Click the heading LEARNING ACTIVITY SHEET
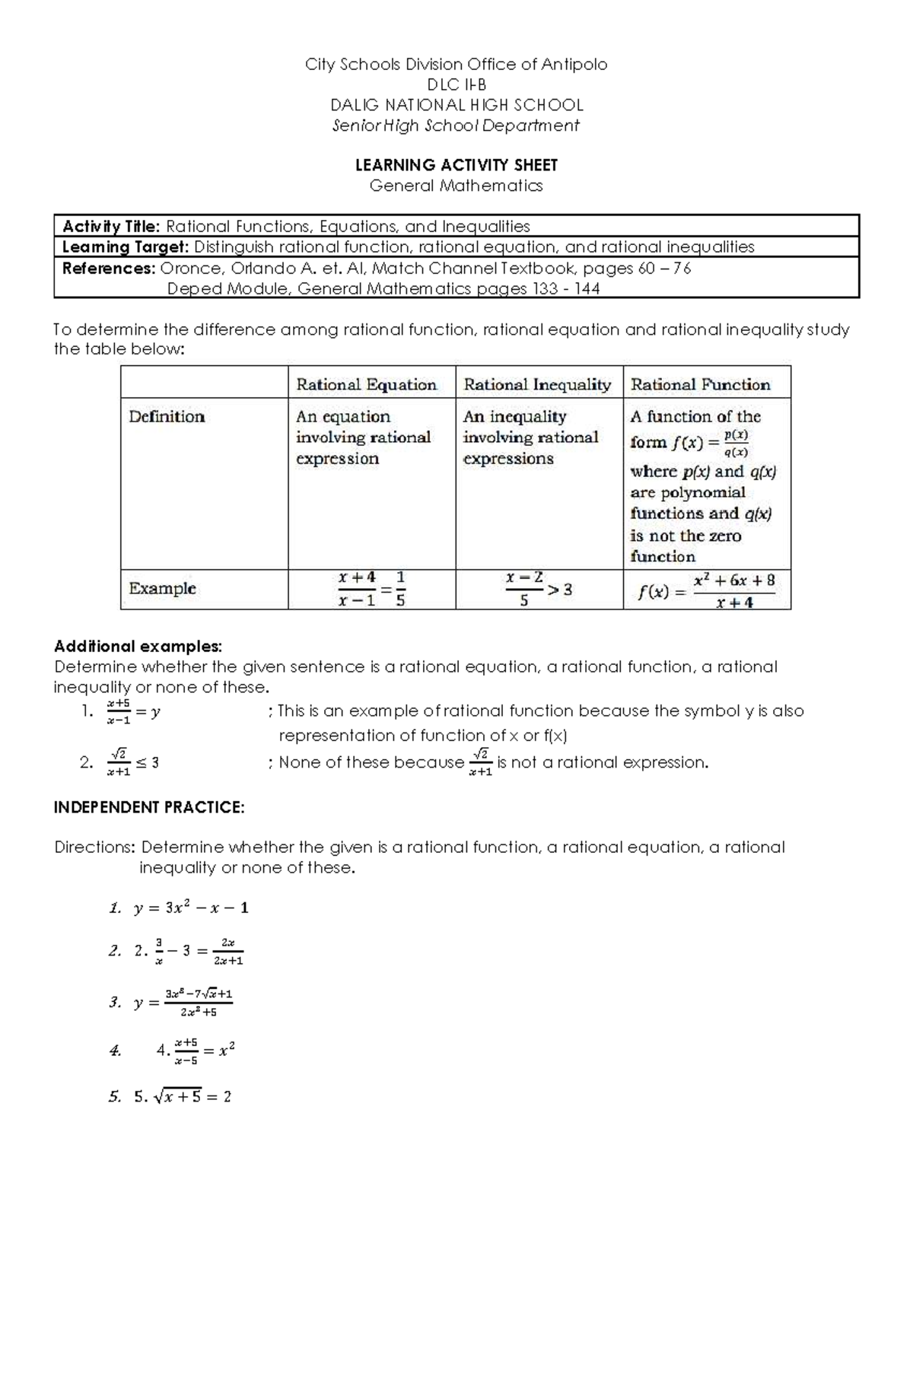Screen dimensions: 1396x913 456,165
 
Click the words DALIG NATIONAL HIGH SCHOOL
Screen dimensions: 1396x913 456,105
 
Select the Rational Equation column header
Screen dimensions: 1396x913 366,385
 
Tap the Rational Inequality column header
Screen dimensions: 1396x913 537,385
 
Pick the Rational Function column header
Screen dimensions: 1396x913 700,385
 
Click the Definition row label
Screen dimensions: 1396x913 167,417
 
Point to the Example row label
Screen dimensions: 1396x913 162,588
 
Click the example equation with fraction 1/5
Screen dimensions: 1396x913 371,590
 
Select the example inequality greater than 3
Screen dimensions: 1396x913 538,590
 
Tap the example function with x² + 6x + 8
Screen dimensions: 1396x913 706,590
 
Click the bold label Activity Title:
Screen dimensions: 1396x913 111,226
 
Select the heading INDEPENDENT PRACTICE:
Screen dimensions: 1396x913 149,808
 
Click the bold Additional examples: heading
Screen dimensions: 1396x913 138,647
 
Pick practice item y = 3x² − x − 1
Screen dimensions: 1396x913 190,908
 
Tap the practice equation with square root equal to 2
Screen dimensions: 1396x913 183,1096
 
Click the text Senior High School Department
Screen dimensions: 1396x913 456,126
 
